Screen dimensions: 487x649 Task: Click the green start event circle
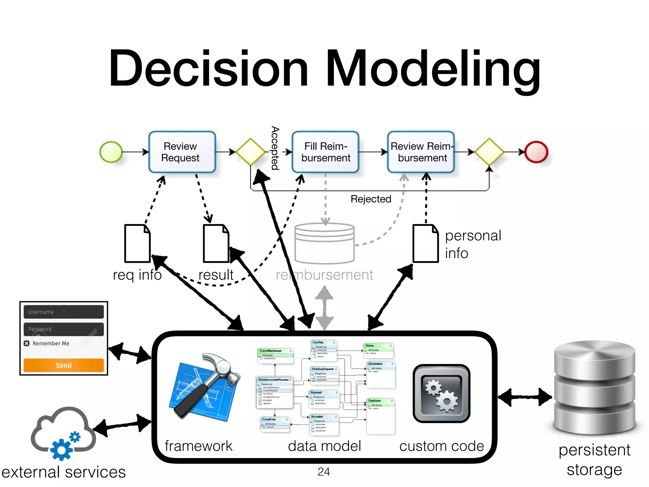[x=111, y=152]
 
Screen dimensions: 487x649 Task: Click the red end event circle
[x=536, y=152]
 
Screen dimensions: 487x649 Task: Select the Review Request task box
[x=182, y=152]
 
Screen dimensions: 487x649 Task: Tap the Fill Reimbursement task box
[x=325, y=152]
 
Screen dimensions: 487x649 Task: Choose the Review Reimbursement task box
[x=421, y=152]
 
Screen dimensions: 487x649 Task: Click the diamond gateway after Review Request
[x=250, y=152]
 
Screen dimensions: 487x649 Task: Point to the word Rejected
[x=371, y=199]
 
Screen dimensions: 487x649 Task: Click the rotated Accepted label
[x=275, y=148]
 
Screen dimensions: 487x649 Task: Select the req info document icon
[x=137, y=243]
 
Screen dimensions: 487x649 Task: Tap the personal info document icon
[x=426, y=243]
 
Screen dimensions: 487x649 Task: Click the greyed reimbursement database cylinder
[x=324, y=243]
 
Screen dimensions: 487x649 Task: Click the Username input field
[x=63, y=312]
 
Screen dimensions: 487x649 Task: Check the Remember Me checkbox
[x=27, y=343]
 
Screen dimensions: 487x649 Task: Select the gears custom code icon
[x=441, y=393]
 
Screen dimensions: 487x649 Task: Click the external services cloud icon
[x=63, y=433]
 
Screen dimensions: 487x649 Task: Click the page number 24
[x=324, y=472]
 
